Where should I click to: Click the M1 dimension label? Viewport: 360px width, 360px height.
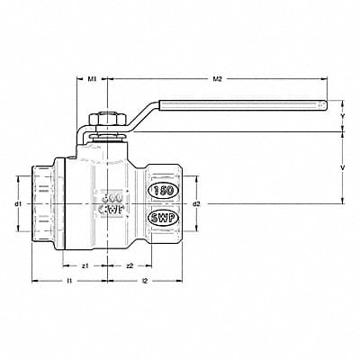coord(93,79)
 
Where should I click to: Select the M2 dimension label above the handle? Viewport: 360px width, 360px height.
coord(217,79)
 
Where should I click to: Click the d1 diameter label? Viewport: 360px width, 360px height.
coord(18,205)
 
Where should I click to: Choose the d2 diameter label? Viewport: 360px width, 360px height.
coord(196,205)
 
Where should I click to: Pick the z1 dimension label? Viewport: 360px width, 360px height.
coord(84,266)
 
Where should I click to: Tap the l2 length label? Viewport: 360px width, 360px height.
coord(145,281)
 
